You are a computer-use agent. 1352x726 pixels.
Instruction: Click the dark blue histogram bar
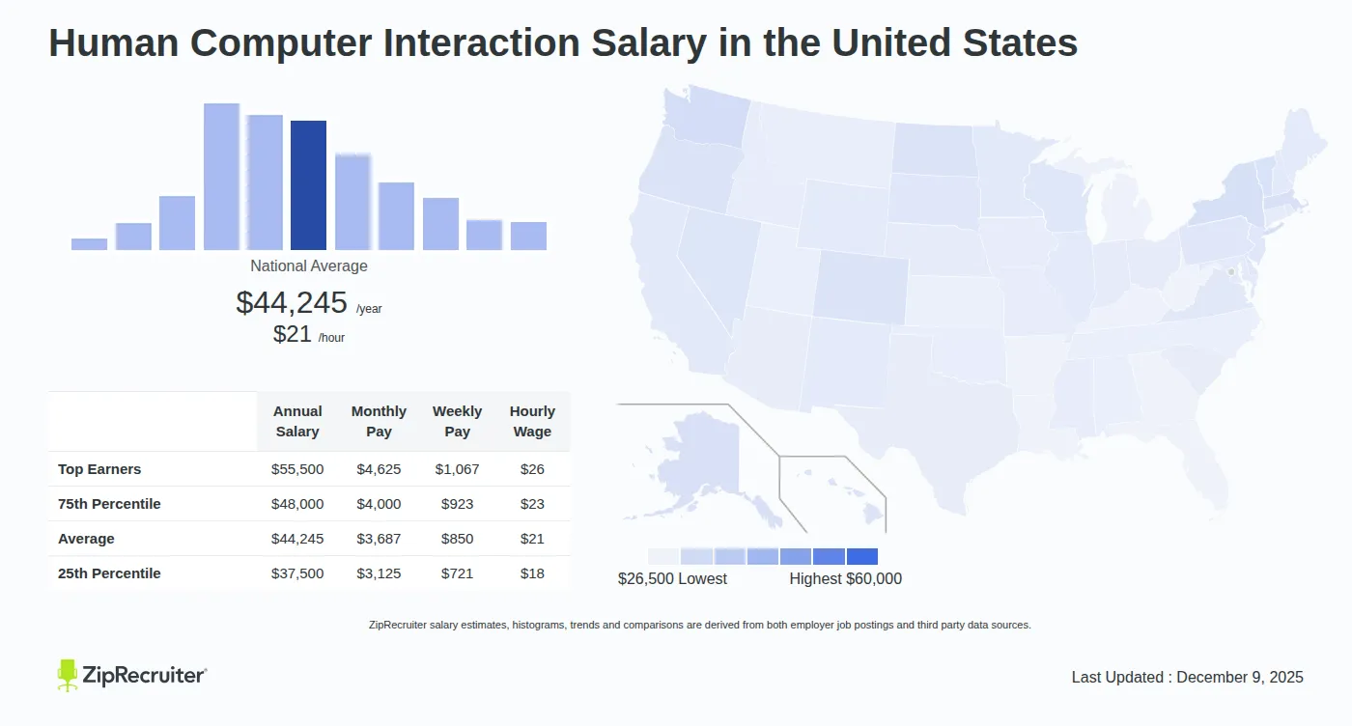[308, 185]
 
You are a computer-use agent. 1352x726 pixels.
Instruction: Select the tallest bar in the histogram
[221, 177]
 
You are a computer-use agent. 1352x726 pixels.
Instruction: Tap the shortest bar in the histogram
[89, 244]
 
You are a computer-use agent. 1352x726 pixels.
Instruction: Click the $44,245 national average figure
[292, 303]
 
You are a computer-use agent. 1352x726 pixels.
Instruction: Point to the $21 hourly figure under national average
[293, 335]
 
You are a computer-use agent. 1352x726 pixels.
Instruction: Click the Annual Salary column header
[297, 422]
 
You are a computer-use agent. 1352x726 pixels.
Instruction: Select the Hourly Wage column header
[532, 422]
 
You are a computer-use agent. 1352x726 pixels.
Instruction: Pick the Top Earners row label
[99, 469]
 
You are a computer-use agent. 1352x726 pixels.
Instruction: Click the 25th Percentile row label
[109, 573]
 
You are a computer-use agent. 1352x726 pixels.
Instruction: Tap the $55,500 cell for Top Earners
[297, 469]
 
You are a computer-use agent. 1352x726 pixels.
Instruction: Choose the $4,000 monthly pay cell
[379, 504]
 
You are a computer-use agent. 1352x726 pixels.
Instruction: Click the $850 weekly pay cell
[457, 539]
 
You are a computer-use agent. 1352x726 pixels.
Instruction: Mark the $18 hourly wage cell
[532, 573]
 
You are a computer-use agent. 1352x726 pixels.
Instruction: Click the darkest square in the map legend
[862, 557]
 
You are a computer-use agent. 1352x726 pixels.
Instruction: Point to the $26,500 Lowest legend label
[672, 579]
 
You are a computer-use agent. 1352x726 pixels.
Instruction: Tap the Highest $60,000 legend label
[845, 579]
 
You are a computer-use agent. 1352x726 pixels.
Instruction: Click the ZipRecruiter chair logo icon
[67, 676]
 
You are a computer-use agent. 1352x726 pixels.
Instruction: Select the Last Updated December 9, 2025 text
[1187, 678]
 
